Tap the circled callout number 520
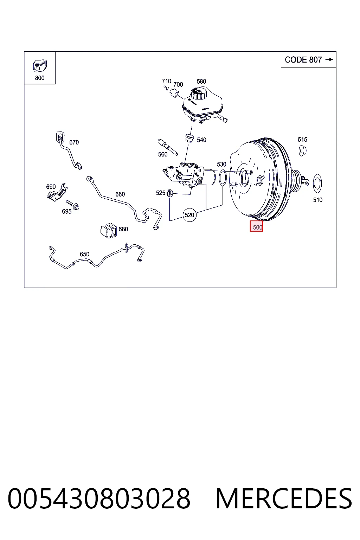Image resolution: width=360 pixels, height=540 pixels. pyautogui.click(x=189, y=215)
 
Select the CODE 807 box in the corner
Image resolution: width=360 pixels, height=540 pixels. pyautogui.click(x=308, y=59)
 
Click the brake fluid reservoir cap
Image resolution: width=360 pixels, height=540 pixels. pyautogui.click(x=199, y=94)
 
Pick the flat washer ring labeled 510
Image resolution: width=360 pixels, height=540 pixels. pyautogui.click(x=317, y=184)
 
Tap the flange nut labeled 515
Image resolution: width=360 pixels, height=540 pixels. pyautogui.click(x=302, y=151)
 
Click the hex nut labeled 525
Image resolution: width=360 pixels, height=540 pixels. pyautogui.click(x=170, y=193)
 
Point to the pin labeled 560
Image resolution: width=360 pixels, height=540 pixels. pyautogui.click(x=168, y=147)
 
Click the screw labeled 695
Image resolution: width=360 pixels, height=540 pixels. pyautogui.click(x=72, y=205)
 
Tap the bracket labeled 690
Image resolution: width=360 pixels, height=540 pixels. pyautogui.click(x=57, y=192)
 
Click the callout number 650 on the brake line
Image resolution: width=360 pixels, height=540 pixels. pyautogui.click(x=85, y=254)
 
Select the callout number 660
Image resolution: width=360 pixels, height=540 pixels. pyautogui.click(x=120, y=194)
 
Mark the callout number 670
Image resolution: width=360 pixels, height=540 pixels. pyautogui.click(x=74, y=142)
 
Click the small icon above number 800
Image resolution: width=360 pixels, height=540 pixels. pyautogui.click(x=40, y=66)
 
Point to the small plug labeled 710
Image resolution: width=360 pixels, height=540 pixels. pyautogui.click(x=166, y=88)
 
